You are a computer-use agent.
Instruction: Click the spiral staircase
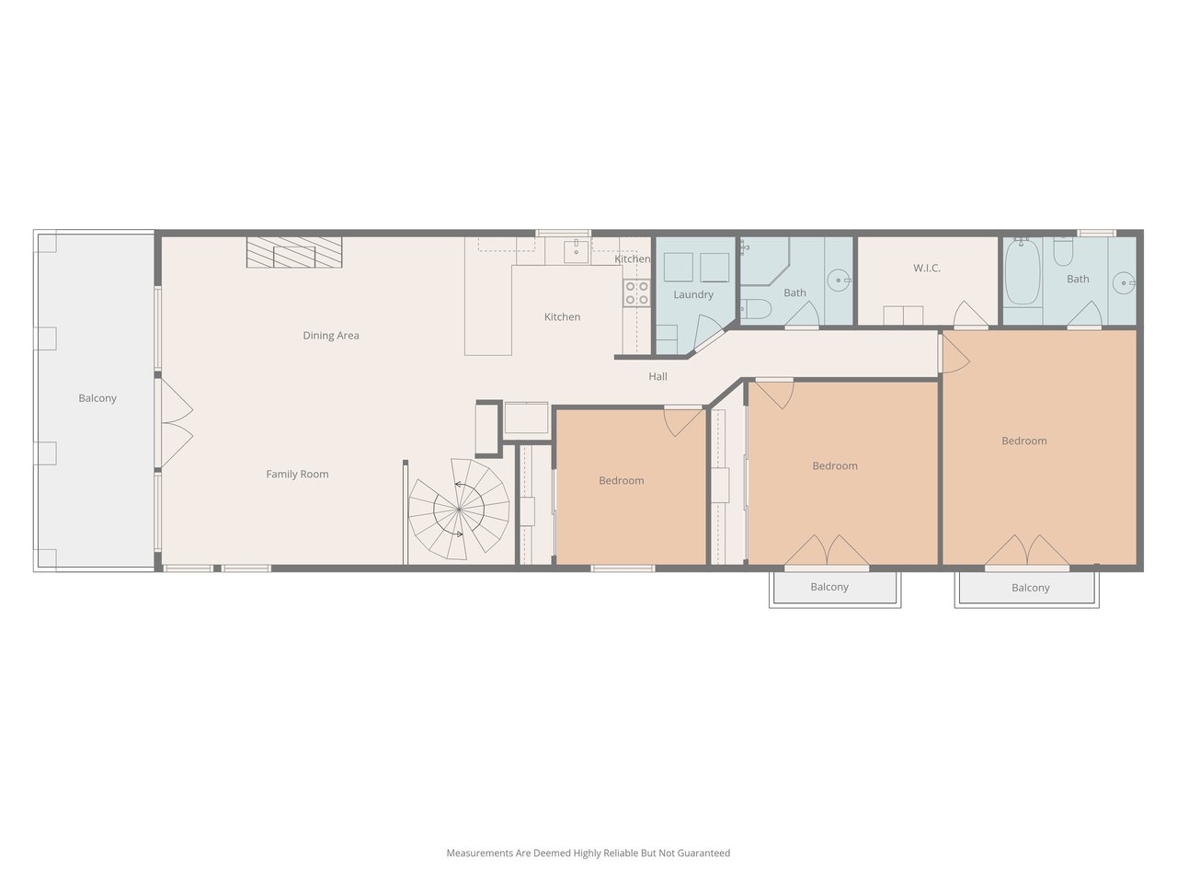coord(459,509)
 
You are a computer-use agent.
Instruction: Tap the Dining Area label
coord(331,336)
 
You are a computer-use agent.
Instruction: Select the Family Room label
coord(297,474)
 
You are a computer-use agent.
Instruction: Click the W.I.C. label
coord(927,268)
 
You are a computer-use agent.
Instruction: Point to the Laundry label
coord(693,294)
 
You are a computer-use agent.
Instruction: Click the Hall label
coord(658,376)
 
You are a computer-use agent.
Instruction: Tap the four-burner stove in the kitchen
coord(636,292)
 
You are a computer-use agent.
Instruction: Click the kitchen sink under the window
coord(576,251)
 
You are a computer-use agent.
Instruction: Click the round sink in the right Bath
coord(1124,282)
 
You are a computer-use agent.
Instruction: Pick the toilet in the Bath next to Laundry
coord(756,309)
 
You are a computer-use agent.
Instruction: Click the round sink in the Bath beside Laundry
coord(839,280)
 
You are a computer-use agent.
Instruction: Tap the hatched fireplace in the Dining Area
coord(294,252)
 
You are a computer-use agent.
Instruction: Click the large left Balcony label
coord(97,398)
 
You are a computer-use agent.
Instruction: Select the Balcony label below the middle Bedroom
coord(829,587)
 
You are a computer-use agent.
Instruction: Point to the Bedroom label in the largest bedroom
coord(1023,441)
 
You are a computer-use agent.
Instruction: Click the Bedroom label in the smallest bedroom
coord(621,480)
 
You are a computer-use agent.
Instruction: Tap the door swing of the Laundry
coord(708,332)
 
